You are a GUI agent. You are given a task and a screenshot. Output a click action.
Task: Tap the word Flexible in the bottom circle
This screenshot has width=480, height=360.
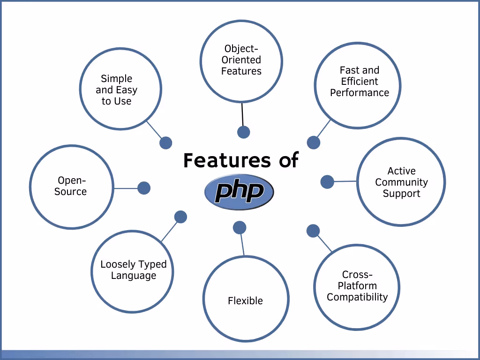(x=245, y=301)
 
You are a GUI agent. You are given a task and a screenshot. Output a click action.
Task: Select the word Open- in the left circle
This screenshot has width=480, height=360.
(x=72, y=180)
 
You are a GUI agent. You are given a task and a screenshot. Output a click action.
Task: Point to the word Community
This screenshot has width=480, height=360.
(x=401, y=182)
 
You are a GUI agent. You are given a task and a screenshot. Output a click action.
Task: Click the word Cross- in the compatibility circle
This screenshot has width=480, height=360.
(x=357, y=275)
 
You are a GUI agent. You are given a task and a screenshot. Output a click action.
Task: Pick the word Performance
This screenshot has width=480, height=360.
(x=360, y=93)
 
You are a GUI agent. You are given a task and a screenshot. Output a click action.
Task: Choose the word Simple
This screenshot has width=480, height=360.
(x=117, y=79)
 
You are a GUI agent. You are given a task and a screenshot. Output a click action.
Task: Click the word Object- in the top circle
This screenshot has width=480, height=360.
(x=241, y=49)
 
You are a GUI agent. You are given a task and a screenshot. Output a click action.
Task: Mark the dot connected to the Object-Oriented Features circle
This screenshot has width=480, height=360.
(x=243, y=132)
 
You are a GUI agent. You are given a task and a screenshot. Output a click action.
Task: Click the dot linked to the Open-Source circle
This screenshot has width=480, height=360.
(x=144, y=188)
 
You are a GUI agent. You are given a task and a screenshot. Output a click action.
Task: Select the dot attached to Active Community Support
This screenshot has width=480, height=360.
(x=327, y=182)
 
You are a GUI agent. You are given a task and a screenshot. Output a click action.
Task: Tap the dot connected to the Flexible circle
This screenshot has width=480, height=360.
(x=240, y=228)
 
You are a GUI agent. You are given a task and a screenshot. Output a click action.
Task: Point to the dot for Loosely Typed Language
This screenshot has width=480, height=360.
(x=180, y=217)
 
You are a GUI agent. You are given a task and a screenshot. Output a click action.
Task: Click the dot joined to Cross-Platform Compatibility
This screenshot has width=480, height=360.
(x=313, y=231)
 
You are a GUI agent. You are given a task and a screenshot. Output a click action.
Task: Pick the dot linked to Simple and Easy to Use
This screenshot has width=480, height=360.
(x=165, y=143)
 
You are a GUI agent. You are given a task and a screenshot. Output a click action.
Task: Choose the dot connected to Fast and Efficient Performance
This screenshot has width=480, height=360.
(x=314, y=142)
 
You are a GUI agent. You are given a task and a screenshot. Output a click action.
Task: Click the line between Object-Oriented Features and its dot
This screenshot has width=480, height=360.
(x=242, y=115)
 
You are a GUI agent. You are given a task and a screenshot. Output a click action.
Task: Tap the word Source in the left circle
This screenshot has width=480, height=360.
(x=70, y=192)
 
